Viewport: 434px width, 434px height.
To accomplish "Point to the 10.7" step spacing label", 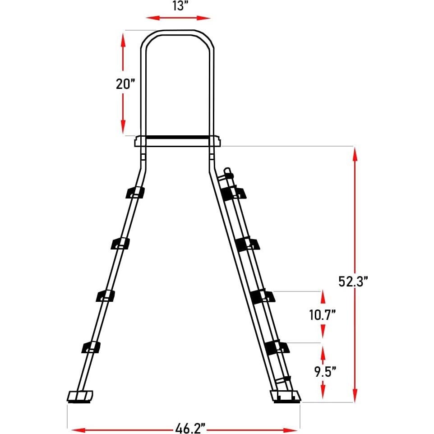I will click(x=323, y=314).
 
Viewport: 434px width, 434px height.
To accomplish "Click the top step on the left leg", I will click(x=135, y=192).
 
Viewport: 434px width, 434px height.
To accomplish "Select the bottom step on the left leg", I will click(x=91, y=347).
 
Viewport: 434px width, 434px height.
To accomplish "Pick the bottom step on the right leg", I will click(x=277, y=347).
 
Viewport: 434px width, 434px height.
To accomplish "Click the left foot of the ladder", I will click(x=80, y=396).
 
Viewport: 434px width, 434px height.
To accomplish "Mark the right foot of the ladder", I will click(x=286, y=396).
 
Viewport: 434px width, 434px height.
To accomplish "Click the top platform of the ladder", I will click(x=178, y=141).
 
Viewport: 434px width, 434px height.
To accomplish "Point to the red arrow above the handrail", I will click(x=178, y=18).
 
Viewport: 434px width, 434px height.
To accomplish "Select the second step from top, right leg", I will click(x=247, y=244).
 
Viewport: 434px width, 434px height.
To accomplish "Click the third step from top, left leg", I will click(x=106, y=295).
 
